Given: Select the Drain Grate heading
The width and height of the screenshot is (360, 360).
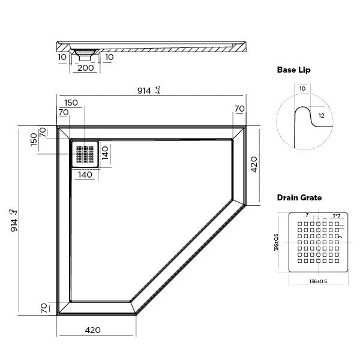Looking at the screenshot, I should pyautogui.click(x=299, y=197).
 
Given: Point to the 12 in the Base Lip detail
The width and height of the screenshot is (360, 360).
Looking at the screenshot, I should pyautogui.click(x=322, y=115).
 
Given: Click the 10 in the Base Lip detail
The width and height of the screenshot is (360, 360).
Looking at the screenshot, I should pyautogui.click(x=301, y=88).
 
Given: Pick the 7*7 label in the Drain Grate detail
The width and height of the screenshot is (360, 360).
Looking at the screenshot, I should pyautogui.click(x=338, y=215).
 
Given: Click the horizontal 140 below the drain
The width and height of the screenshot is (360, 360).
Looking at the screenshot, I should pyautogui.click(x=85, y=175).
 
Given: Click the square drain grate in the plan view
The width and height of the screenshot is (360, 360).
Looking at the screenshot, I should pyautogui.click(x=85, y=154).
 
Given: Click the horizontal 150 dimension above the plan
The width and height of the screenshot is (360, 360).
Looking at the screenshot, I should pyautogui.click(x=71, y=103).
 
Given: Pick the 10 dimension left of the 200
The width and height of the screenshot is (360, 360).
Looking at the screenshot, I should pyautogui.click(x=62, y=57).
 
